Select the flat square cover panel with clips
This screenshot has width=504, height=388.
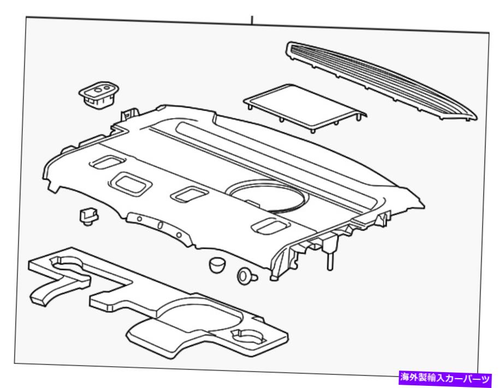coord(304,108)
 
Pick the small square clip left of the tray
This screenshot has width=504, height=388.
coord(88,216)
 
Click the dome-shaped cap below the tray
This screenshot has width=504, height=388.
coord(217,264)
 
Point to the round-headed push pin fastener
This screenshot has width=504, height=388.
coord(247,276)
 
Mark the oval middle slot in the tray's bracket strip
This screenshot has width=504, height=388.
coord(160,225)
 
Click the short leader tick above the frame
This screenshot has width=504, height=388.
coord(252,20)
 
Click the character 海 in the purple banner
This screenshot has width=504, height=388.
coord(405,378)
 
